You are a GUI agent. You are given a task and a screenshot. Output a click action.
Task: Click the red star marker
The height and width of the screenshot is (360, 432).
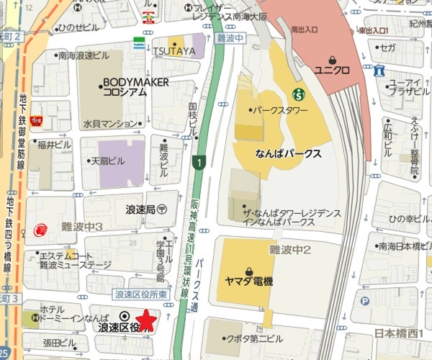pyautogui.click(x=147, y=319)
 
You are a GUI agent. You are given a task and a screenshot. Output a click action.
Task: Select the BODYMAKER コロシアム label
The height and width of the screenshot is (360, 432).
pyautogui.click(x=135, y=87)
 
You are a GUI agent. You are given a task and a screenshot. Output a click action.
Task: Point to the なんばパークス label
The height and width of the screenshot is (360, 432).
pyautogui.click(x=287, y=154)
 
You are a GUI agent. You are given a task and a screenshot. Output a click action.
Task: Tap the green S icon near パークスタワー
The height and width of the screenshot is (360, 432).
pyautogui.click(x=297, y=94)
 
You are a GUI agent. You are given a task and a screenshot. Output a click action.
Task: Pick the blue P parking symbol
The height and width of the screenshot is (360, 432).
pyautogui.click(x=365, y=301)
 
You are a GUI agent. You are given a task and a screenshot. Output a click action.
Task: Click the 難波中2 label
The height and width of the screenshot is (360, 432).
pyautogui.click(x=289, y=249)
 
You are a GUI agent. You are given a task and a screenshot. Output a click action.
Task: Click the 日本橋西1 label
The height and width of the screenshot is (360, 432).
pyautogui.click(x=400, y=333)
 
